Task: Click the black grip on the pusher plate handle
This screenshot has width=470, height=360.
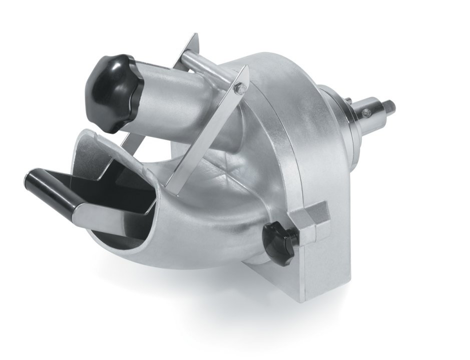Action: point(50,187)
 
